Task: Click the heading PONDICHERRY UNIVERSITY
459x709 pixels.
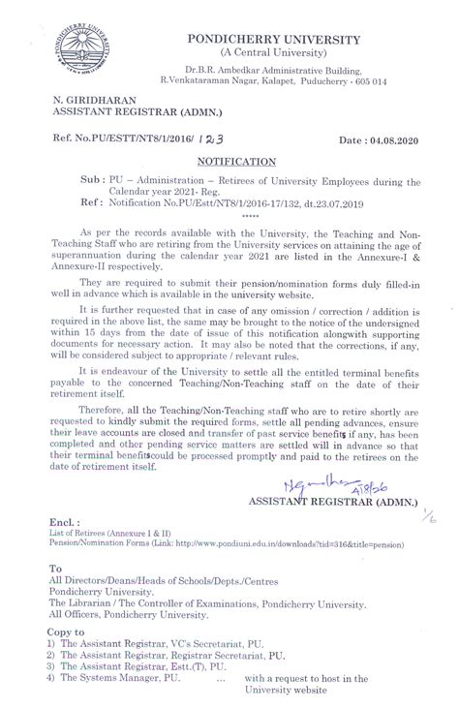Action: pyautogui.click(x=290, y=38)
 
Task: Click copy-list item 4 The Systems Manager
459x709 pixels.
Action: pyautogui.click(x=120, y=679)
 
